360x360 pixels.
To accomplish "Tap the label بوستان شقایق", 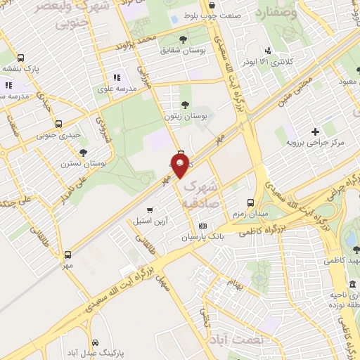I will [x=183, y=51].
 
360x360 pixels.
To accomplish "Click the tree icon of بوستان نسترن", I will [x=84, y=152].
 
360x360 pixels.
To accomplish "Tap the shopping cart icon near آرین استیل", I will [x=149, y=210].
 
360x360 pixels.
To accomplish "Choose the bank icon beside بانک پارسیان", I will [x=202, y=226].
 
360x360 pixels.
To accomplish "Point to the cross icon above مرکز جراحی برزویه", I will [x=315, y=131].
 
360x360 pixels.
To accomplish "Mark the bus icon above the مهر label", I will [x=67, y=255].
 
